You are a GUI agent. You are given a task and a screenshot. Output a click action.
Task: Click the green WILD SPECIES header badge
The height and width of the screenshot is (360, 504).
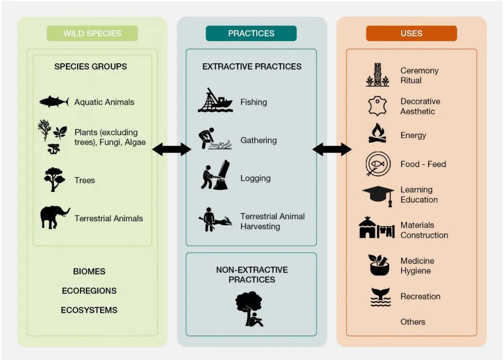92,33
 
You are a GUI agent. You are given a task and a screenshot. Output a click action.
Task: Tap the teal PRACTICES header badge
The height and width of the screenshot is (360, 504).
251,33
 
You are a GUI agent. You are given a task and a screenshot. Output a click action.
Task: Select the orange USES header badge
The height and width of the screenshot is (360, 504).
411,33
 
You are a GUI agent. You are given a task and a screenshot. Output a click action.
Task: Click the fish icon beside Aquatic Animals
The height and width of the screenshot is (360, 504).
54,102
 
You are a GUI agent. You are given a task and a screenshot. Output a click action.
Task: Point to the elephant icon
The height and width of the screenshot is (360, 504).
54,217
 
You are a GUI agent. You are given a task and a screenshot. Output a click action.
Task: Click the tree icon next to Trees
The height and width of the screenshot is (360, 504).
54,179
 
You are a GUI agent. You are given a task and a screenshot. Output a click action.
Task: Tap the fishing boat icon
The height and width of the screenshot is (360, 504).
215,101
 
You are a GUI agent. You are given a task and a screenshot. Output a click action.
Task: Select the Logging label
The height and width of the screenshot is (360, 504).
255,178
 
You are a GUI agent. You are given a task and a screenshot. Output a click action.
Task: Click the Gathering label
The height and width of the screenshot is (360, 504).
258,140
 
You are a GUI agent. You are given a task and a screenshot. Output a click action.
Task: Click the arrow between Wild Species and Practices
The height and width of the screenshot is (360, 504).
171,150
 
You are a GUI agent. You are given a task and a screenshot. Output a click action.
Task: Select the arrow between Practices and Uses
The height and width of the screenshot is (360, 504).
332,150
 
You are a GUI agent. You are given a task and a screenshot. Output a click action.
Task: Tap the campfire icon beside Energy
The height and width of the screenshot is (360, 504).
377,134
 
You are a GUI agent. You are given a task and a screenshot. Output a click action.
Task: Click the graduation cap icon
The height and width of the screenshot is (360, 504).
379,195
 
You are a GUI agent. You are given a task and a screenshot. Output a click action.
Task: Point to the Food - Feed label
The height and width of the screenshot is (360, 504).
423,164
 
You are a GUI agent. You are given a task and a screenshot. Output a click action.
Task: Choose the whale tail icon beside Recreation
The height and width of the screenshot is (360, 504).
380,297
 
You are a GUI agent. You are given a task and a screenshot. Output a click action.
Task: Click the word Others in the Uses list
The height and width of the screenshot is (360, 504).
412,322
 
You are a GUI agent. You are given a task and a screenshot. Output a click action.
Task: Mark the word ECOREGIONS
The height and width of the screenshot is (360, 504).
89,290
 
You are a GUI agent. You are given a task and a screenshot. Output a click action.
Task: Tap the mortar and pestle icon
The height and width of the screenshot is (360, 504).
379,265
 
